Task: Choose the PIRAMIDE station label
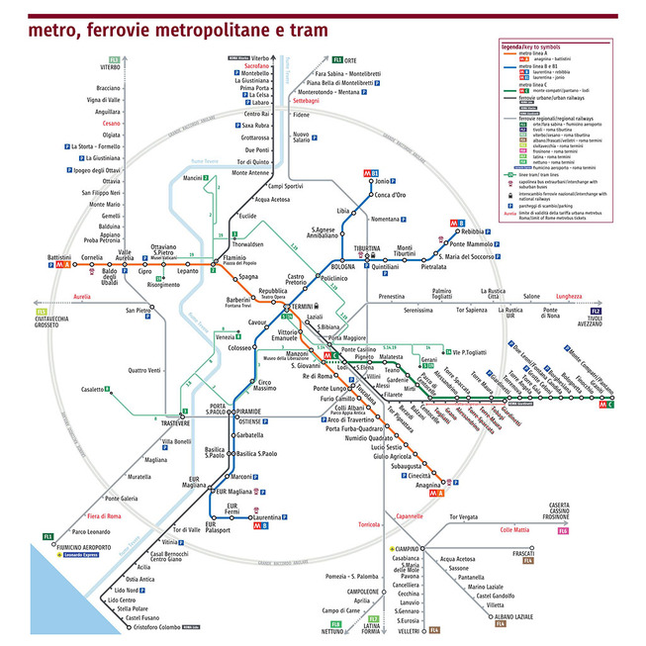click(x=248, y=410)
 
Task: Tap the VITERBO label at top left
click(x=110, y=66)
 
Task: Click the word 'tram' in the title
click(x=305, y=30)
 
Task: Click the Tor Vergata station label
click(x=469, y=516)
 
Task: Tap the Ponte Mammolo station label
click(x=472, y=243)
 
